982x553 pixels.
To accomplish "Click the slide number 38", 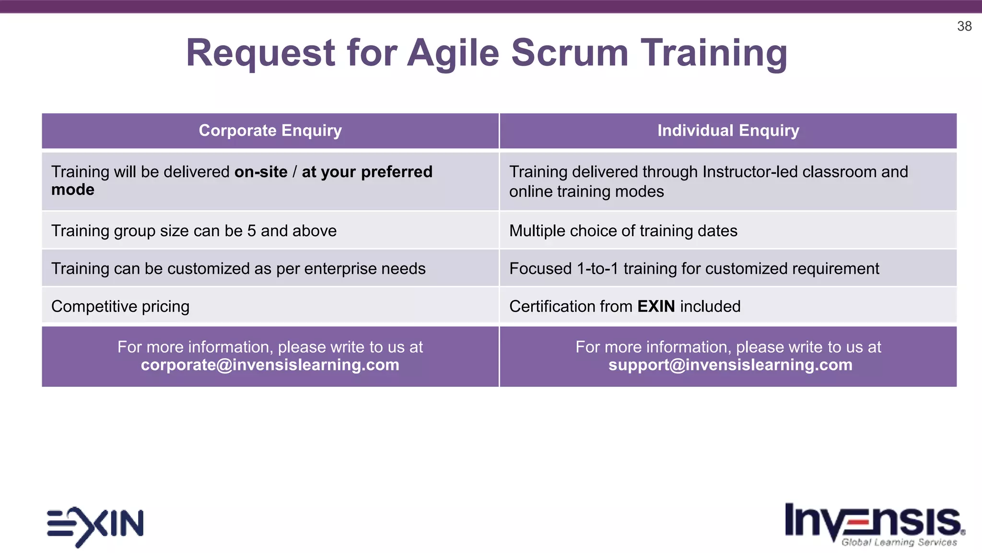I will point(964,26).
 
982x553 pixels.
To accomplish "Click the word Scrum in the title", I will point(569,53).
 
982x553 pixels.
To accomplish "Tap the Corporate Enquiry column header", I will point(270,131).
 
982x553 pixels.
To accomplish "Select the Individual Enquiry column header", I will point(728,131).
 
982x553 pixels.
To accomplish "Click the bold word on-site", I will point(261,172).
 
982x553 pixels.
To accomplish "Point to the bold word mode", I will point(73,190).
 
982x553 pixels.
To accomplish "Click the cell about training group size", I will point(194,231).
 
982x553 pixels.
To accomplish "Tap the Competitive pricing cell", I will point(120,306).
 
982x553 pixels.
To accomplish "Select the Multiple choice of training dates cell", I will point(623,231).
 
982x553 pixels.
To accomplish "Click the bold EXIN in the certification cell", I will point(656,306).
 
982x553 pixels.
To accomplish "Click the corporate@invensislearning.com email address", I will point(270,365).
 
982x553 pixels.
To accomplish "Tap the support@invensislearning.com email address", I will point(730,365).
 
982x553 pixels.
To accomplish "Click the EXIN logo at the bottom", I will point(95,525).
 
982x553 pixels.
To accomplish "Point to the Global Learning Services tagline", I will point(899,542).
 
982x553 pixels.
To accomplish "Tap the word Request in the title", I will point(260,53).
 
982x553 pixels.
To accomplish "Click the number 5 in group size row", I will point(251,231).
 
